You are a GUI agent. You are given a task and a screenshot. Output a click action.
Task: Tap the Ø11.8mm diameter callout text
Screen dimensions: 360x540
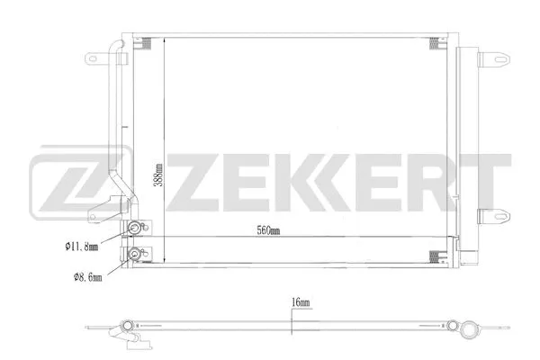coord(83,244)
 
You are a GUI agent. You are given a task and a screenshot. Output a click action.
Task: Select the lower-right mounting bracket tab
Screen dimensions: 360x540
coord(491,215)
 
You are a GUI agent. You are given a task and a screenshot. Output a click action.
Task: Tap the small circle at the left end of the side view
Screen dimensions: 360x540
coord(127,325)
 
